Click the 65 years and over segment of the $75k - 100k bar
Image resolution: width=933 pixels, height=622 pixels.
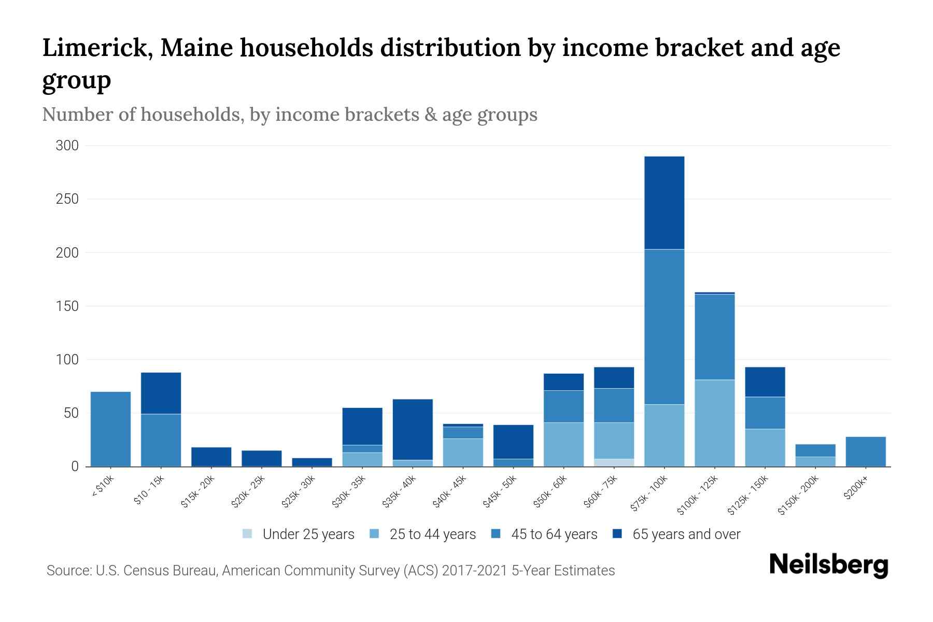(x=664, y=203)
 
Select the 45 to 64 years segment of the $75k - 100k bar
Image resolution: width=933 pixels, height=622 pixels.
(x=664, y=327)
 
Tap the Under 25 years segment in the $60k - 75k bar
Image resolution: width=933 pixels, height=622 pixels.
(x=614, y=462)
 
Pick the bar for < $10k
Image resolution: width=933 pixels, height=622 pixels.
(x=110, y=429)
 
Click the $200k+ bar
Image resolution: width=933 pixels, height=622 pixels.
(x=865, y=451)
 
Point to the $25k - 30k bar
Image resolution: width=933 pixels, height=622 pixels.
(x=312, y=462)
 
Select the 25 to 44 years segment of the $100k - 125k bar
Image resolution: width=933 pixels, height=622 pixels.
(x=714, y=423)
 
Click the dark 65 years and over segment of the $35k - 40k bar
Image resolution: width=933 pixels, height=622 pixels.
(x=413, y=429)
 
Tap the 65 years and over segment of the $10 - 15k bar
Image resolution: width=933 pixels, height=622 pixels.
(x=161, y=393)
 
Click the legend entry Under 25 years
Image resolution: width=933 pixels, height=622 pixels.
(x=308, y=534)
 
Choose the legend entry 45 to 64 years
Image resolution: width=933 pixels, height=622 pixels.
(x=554, y=534)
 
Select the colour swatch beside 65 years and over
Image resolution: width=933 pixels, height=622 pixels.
(x=617, y=534)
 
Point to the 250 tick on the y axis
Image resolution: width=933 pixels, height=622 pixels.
(x=67, y=199)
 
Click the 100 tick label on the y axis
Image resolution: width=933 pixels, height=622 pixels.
(x=67, y=360)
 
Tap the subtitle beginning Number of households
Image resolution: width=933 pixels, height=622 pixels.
(x=289, y=115)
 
